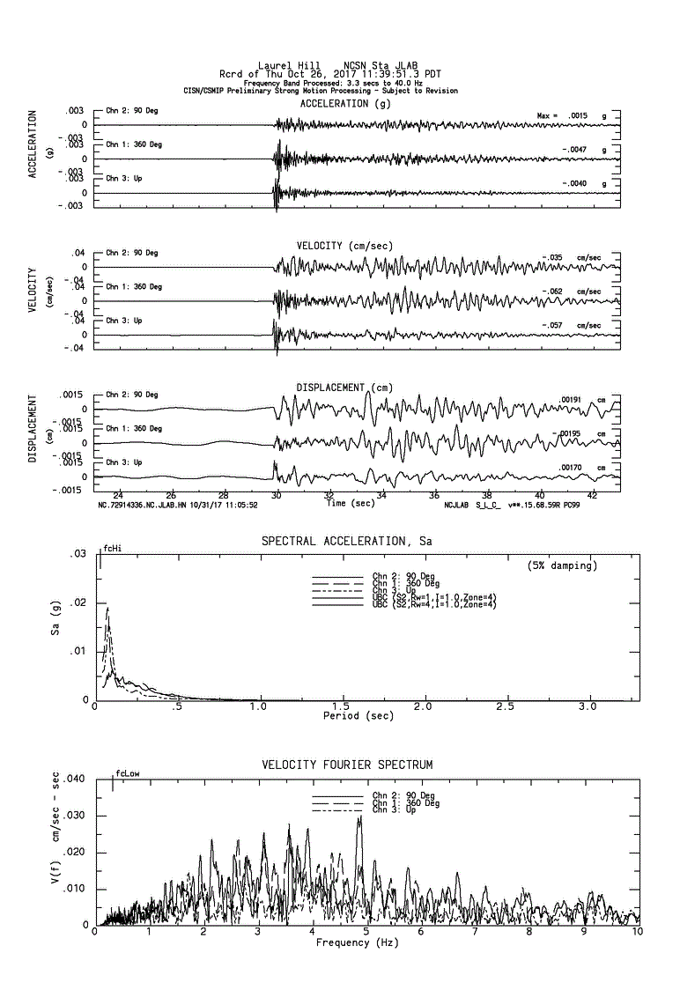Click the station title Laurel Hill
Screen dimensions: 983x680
point(281,64)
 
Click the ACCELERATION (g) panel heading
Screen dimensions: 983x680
point(346,103)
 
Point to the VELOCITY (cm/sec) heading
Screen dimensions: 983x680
point(345,245)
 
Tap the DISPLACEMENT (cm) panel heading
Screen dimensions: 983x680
point(344,388)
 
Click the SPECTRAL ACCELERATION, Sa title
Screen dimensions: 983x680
point(347,541)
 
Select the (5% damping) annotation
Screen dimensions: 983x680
point(562,565)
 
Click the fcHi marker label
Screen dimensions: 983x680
point(112,548)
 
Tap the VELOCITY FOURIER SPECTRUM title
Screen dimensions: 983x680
point(347,765)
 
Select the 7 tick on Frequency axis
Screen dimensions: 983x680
point(475,932)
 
